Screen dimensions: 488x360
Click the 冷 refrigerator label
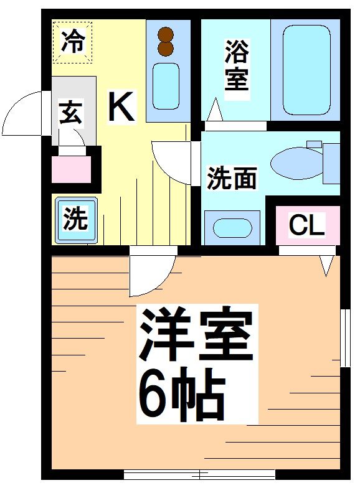click(x=73, y=42)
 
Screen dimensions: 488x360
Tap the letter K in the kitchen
click(x=121, y=106)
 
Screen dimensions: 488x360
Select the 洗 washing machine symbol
click(x=75, y=220)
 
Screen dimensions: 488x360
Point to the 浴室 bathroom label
click(x=237, y=66)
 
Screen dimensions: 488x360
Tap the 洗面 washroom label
click(x=232, y=179)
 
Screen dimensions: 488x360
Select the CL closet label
click(x=306, y=226)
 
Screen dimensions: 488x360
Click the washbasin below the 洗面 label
click(x=232, y=227)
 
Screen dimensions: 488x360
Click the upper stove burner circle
click(x=165, y=35)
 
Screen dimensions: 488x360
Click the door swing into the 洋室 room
click(x=149, y=274)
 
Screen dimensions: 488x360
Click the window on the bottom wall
click(x=199, y=474)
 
